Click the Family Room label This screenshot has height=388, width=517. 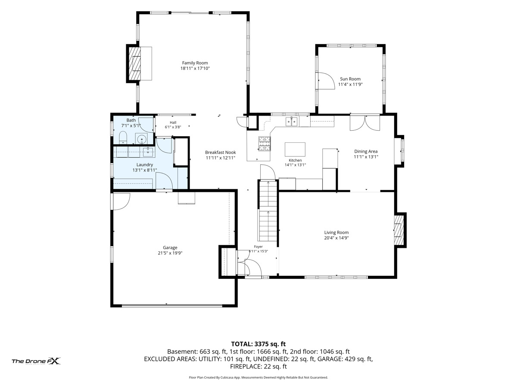[195, 63]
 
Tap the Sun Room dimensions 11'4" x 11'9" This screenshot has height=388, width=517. [350, 84]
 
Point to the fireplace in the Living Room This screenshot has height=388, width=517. [399, 230]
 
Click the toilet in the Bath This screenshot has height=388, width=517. [123, 138]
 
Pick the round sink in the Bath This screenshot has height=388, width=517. [142, 138]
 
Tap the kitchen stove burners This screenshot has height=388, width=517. [265, 144]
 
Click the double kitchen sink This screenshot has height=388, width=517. [292, 122]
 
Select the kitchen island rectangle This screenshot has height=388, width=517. [295, 149]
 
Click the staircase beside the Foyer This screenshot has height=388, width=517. [268, 210]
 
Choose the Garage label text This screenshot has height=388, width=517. [170, 247]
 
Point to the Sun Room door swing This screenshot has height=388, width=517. [326, 81]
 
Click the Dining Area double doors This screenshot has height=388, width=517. [364, 122]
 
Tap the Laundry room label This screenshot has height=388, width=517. [145, 165]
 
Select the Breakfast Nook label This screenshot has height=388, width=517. [220, 153]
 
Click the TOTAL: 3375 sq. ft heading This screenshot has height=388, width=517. [258, 344]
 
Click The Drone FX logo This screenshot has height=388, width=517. [36, 361]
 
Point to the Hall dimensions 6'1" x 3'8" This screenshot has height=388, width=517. [173, 127]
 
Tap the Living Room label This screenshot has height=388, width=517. [336, 232]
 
